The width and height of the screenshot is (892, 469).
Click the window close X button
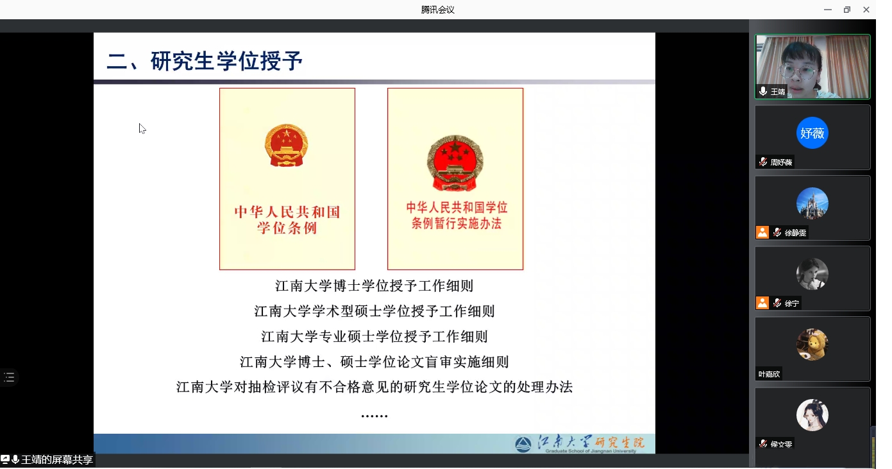coord(866,10)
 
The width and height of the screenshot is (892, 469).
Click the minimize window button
coord(828,10)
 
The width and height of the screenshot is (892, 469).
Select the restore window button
coord(847,10)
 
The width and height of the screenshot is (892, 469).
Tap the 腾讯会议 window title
coord(437,10)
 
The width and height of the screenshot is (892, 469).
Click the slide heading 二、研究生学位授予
coord(205,61)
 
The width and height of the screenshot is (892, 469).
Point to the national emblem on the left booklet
coord(286,146)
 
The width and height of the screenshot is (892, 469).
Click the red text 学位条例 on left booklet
coord(287,228)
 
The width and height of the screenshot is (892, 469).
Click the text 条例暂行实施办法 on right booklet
coord(457,223)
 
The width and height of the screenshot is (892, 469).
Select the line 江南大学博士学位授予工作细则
coord(374,286)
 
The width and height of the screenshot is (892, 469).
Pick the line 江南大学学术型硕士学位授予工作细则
coord(374,311)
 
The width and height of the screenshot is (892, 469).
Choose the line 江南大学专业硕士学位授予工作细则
coord(374,336)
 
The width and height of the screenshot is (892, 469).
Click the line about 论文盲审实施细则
coord(374,362)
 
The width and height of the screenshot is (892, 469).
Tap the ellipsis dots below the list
coord(374,416)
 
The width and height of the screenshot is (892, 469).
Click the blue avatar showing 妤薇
coord(812,133)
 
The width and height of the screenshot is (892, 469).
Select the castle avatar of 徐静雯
coord(812,203)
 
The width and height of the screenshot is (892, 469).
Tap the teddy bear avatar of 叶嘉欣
coord(812,345)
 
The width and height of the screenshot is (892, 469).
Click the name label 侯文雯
coord(781,444)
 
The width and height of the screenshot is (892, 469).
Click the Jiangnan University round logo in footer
coord(523,444)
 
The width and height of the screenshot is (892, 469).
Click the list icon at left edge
coord(9,377)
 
